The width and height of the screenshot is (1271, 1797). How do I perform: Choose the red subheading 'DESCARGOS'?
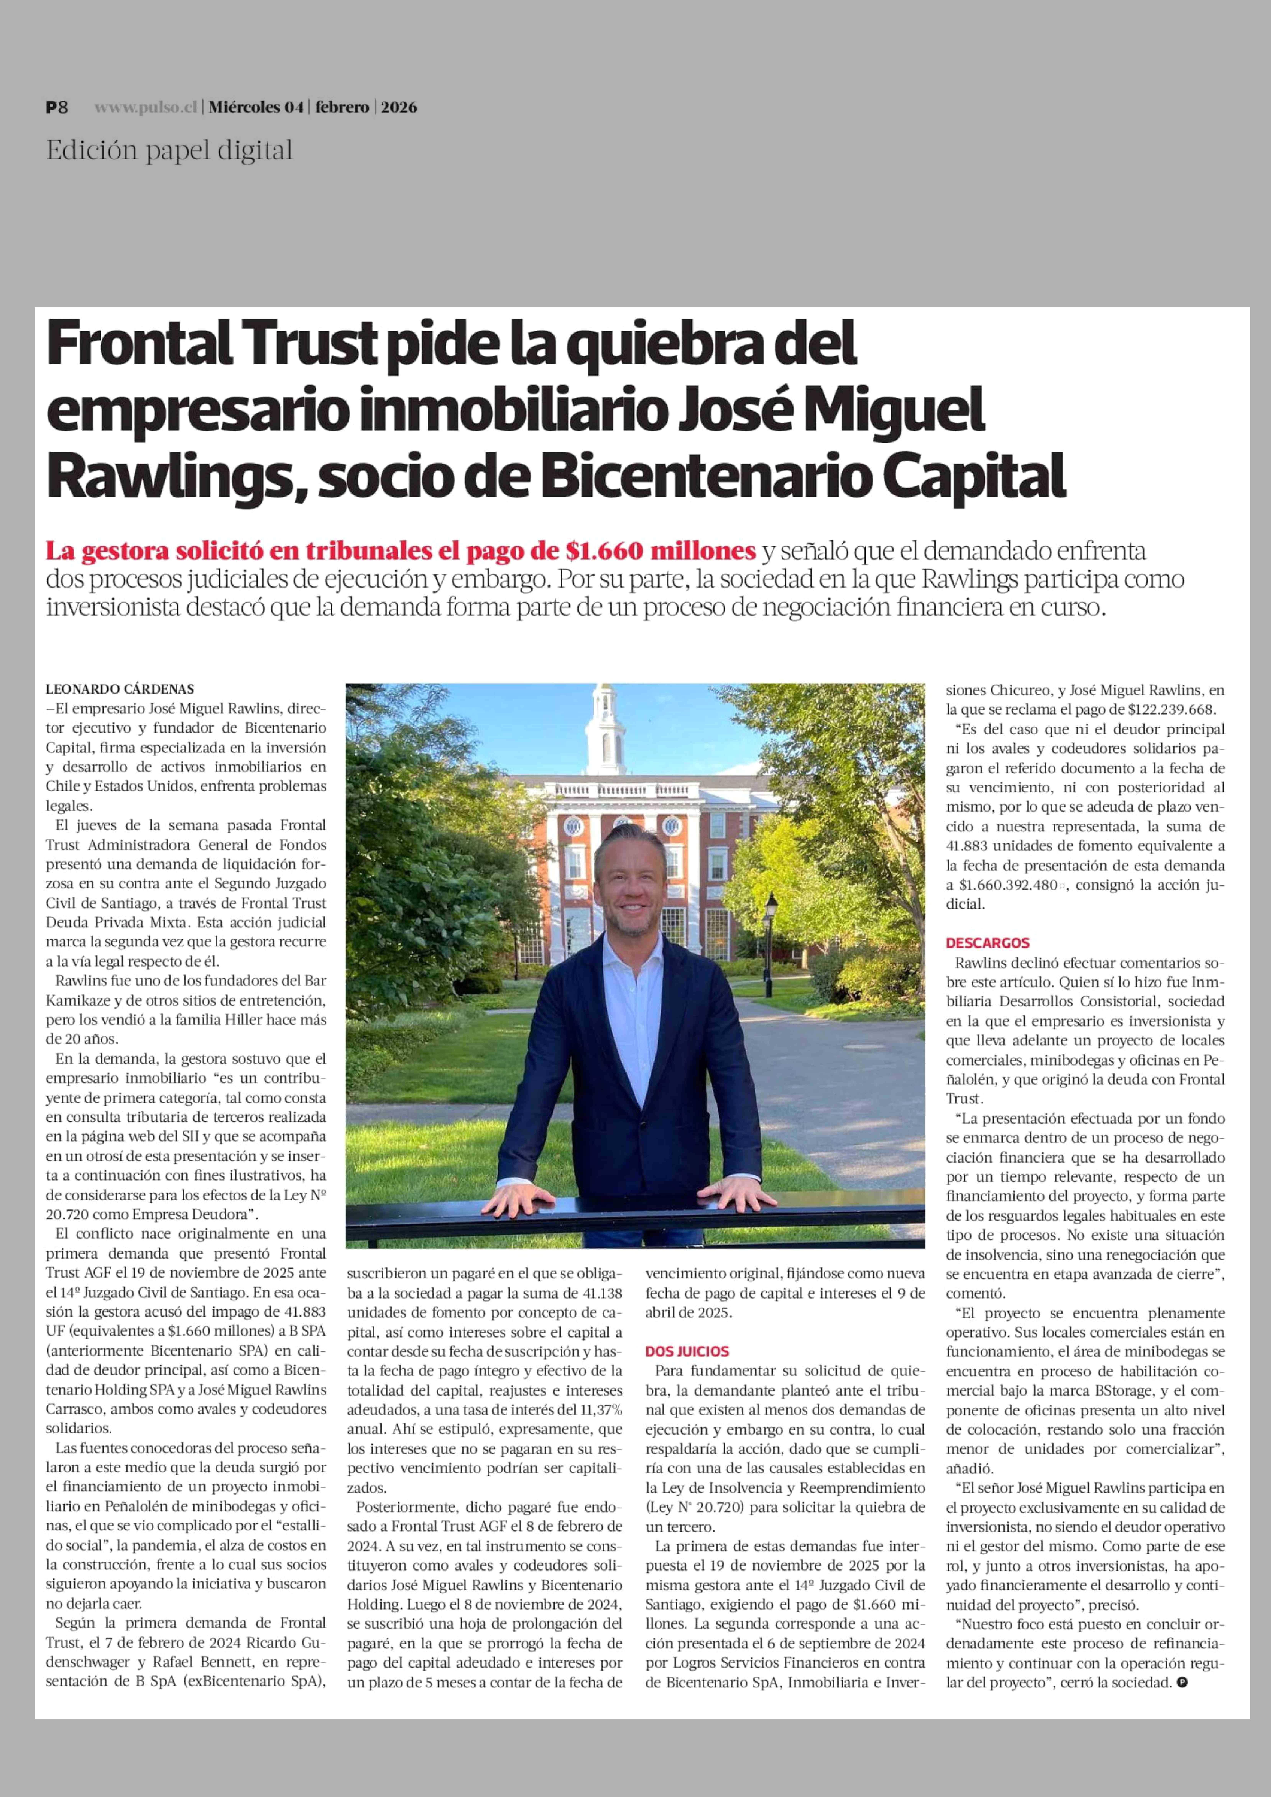click(x=988, y=943)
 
